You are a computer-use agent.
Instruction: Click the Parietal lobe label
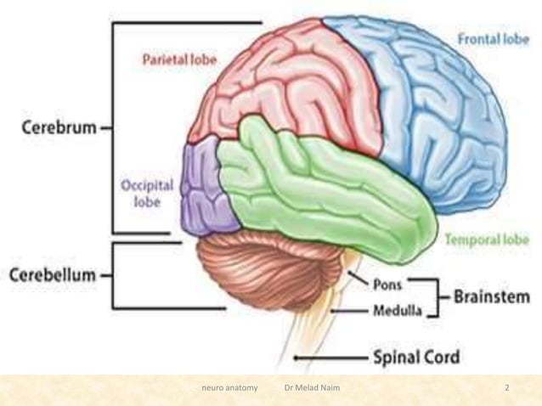coord(178,60)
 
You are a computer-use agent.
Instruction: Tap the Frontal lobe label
coord(492,39)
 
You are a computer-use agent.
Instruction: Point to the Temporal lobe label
coord(486,240)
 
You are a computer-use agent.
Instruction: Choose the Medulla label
coord(398,311)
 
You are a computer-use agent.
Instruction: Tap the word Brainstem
coord(491,296)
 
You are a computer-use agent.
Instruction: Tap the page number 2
coord(506,388)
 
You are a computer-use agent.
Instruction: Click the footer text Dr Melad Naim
coord(314,388)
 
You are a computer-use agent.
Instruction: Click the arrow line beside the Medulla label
coord(348,312)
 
